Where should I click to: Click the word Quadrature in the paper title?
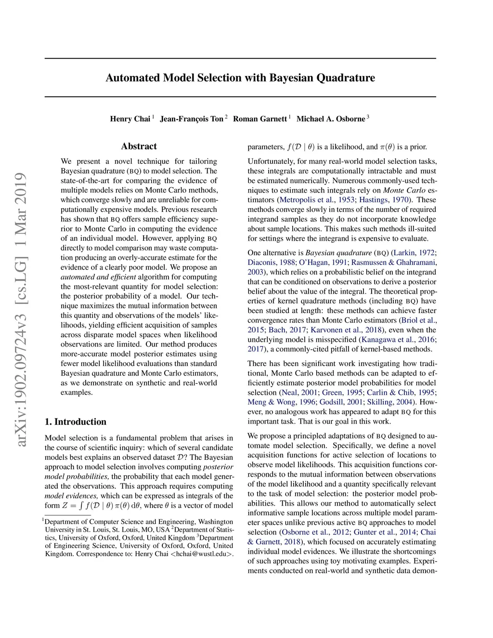345,78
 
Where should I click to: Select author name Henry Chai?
130,119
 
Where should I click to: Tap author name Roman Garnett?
260,119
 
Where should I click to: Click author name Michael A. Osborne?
331,119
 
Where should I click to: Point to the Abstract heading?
139,146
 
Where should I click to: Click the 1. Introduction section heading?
76,422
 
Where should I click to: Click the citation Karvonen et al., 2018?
346,330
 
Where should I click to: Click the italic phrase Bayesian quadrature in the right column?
338,253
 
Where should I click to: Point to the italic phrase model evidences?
71,496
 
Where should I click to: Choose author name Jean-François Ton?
192,119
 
